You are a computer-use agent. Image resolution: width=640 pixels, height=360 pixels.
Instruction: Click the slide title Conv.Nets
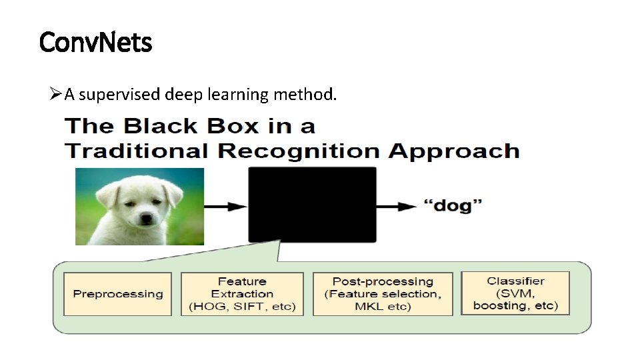(96, 43)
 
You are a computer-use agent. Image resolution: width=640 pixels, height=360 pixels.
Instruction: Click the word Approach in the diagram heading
(454, 151)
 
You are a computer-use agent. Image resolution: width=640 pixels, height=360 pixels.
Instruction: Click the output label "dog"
(453, 206)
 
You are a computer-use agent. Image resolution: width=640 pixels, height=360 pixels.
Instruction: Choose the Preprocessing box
(117, 294)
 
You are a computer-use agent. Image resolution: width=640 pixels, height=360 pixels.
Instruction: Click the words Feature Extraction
(241, 287)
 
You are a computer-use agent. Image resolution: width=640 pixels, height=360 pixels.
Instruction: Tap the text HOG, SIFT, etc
(241, 307)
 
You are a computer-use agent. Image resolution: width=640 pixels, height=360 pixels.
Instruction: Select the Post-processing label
(382, 282)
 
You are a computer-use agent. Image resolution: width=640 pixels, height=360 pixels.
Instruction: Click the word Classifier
(515, 281)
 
